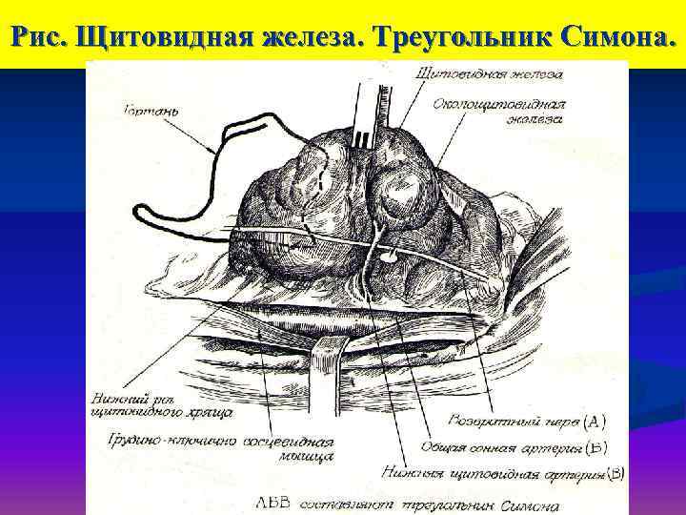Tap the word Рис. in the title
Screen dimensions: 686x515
(37, 37)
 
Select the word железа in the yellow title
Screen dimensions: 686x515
(313, 37)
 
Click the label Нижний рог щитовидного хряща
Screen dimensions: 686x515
(157, 406)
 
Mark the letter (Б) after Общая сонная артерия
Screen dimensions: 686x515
(595, 445)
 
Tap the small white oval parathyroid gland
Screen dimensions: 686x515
(390, 255)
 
